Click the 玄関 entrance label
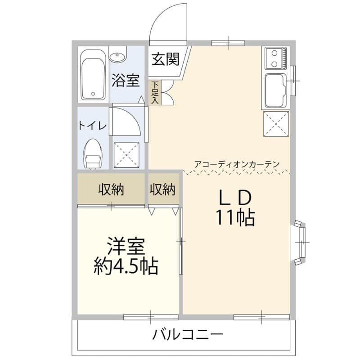(166, 59)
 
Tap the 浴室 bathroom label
(125, 81)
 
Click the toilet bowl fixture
(93, 153)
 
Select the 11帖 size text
(234, 218)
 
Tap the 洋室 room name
(126, 247)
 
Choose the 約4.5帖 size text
(126, 267)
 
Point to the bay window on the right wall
(299, 241)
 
